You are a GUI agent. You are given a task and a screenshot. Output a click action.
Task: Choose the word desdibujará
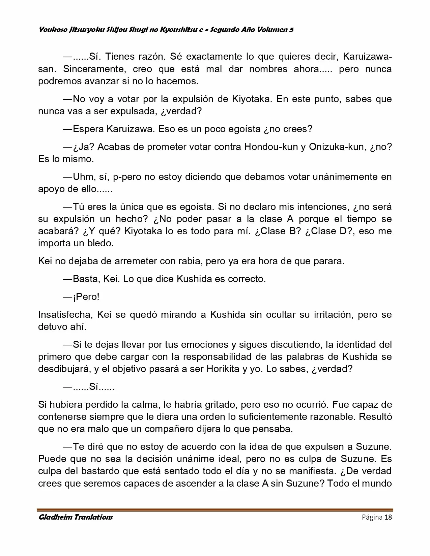pyautogui.click(x=64, y=369)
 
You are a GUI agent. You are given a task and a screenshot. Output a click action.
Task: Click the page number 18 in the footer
pyautogui.click(x=388, y=517)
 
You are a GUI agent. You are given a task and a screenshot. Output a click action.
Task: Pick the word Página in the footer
pyautogui.click(x=372, y=517)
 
